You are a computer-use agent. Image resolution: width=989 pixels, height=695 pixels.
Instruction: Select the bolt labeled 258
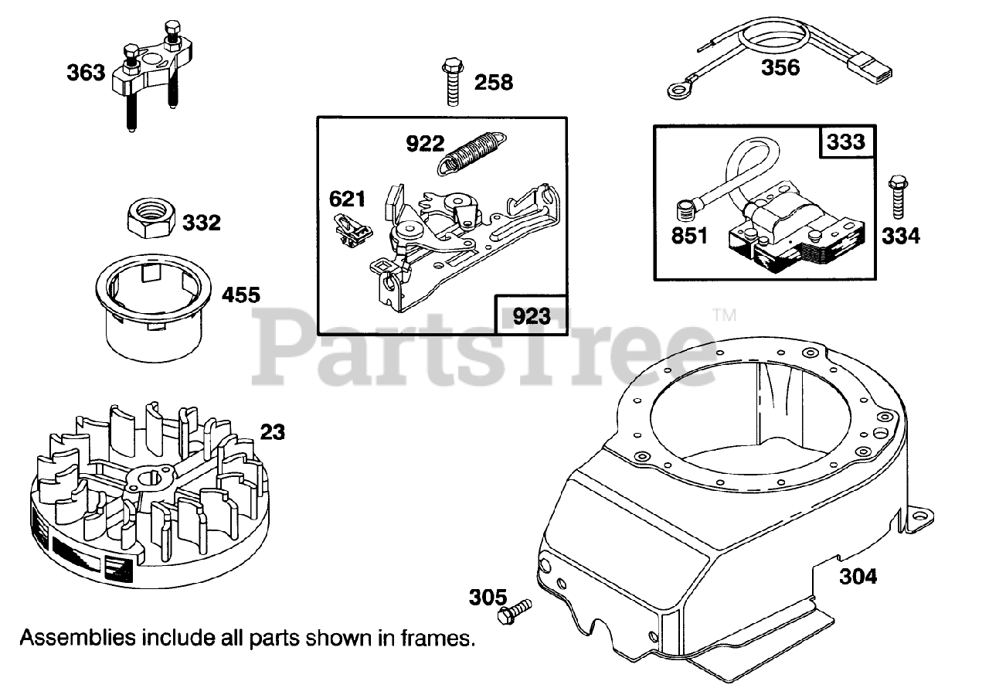coord(452,80)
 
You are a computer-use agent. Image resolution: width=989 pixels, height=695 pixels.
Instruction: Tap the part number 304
coord(858,577)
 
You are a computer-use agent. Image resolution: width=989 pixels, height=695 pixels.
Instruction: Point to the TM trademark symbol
coord(724,315)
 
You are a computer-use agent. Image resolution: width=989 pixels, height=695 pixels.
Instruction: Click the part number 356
coord(780,67)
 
